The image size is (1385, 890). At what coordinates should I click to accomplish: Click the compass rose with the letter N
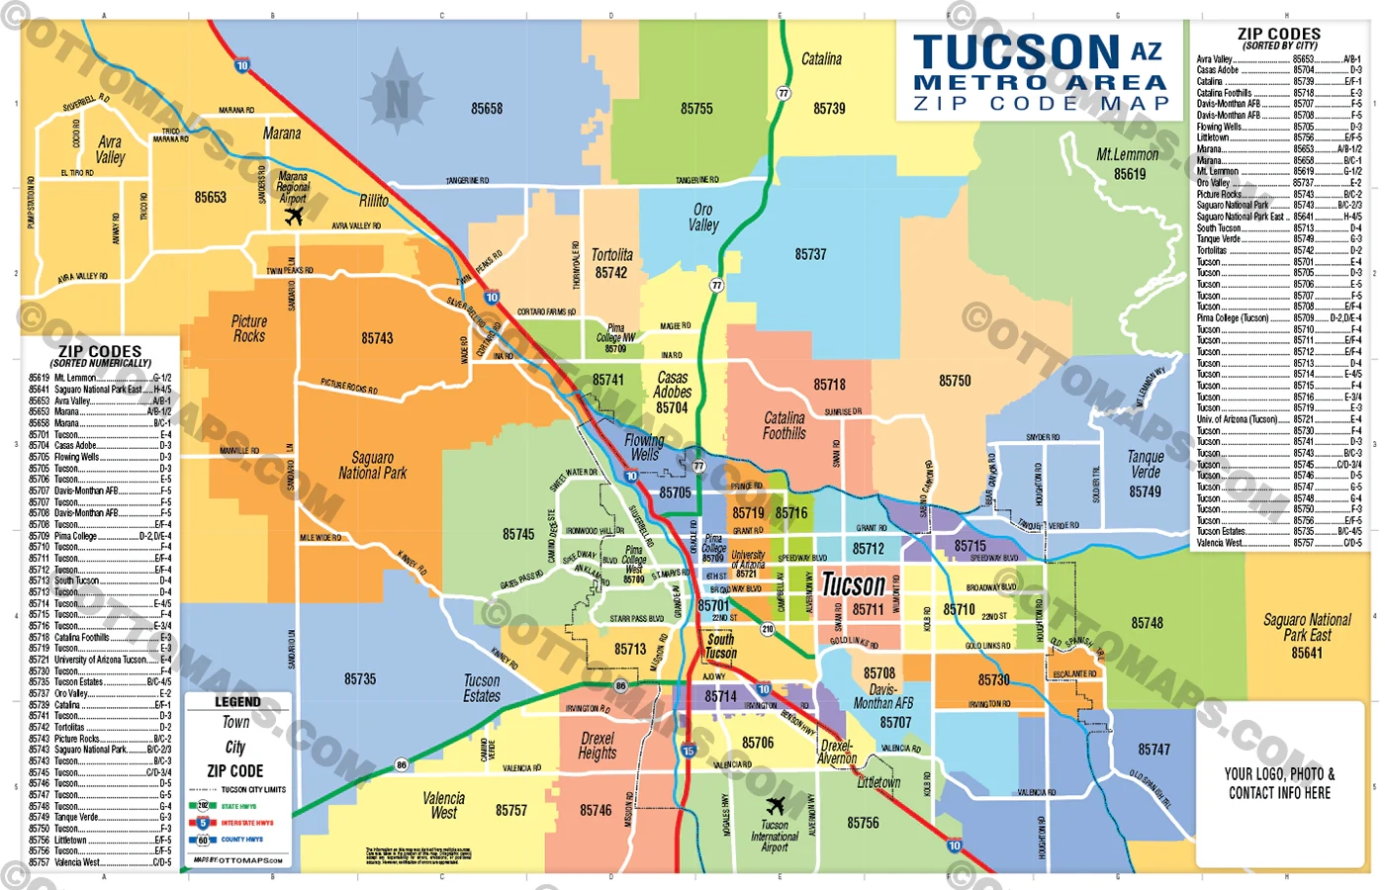[397, 97]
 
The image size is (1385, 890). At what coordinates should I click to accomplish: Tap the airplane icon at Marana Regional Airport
[294, 216]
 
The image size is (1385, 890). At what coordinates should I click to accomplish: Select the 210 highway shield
[767, 629]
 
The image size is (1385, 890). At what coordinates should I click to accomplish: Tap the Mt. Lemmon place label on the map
[1127, 155]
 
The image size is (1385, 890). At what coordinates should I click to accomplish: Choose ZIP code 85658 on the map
[487, 109]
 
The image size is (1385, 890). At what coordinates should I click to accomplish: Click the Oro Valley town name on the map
[703, 218]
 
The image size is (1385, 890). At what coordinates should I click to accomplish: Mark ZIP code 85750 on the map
[955, 381]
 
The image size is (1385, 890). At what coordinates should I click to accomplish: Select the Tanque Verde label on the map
[1146, 465]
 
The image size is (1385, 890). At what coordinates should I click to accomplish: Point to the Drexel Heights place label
[598, 746]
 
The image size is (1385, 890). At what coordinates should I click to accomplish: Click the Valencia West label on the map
[443, 805]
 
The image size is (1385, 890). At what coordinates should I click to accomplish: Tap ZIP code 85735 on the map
[360, 679]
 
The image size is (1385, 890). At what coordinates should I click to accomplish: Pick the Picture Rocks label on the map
[249, 328]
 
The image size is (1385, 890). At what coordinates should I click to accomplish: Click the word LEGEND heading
[237, 702]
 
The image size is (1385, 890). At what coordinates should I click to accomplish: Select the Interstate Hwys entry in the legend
[246, 823]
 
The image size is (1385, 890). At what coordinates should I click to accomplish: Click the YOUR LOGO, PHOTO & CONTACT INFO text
[1279, 783]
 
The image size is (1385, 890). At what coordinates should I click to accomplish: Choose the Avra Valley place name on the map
[110, 149]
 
